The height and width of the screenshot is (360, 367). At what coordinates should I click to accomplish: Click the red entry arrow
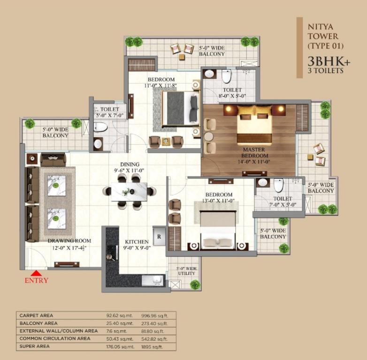(36, 273)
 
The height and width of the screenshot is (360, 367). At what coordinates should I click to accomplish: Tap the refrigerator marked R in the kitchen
(159, 237)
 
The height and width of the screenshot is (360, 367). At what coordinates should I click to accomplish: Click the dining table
(129, 192)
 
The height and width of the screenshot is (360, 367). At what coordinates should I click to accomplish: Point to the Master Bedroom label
(254, 153)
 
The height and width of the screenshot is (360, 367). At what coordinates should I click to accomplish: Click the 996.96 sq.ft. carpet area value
(154, 315)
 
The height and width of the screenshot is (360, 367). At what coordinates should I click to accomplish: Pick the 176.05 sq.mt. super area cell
(120, 346)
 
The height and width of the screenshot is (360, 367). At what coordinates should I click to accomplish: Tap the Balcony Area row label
(38, 323)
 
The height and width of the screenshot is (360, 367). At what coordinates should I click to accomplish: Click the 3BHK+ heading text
(329, 61)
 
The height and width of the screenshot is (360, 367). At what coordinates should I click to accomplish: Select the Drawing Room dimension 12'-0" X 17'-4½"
(69, 248)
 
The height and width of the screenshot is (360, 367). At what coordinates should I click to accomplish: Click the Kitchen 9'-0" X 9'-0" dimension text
(137, 248)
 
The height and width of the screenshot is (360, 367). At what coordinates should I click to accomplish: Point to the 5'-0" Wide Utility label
(186, 271)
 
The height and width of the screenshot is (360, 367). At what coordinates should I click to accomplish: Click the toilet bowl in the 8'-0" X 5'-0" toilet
(227, 76)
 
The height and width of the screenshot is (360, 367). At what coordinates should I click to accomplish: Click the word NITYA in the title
(321, 27)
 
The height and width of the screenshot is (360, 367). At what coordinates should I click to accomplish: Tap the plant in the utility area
(195, 285)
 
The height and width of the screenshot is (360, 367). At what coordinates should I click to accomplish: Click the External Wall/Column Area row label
(59, 331)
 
